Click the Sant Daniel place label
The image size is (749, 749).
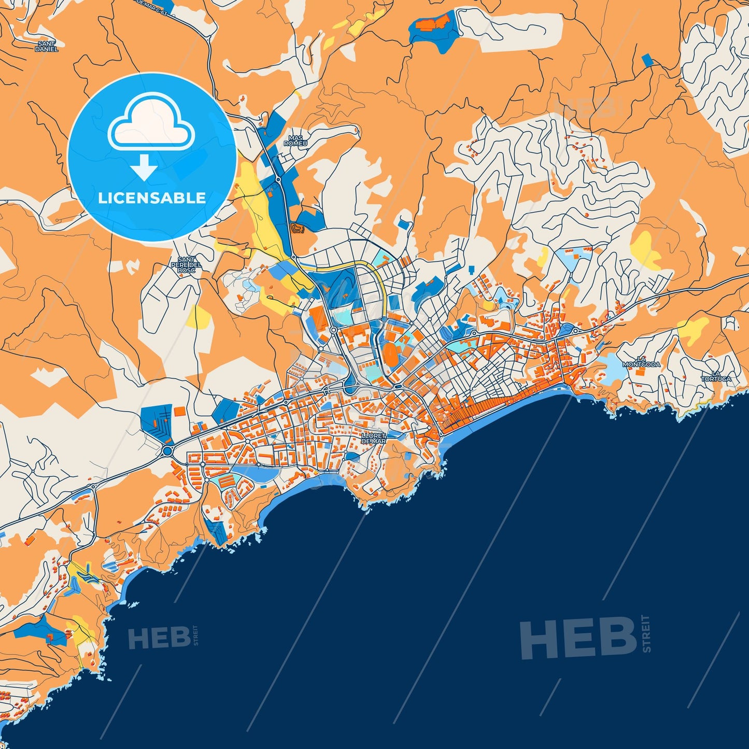click(x=46, y=47)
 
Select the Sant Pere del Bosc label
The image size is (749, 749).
click(x=186, y=265)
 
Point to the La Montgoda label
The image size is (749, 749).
click(x=642, y=362)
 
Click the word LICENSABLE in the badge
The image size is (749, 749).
click(x=152, y=198)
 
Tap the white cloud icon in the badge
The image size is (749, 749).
click(x=151, y=123)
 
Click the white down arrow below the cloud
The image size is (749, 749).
click(x=144, y=166)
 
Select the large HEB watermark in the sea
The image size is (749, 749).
click(x=578, y=638)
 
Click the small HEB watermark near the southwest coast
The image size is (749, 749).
click(x=159, y=638)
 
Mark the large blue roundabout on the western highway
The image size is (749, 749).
click(x=167, y=451)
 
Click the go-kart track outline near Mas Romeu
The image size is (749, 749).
click(x=298, y=228)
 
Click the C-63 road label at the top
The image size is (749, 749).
click(x=156, y=5)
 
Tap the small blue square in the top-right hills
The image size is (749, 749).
click(x=647, y=60)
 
